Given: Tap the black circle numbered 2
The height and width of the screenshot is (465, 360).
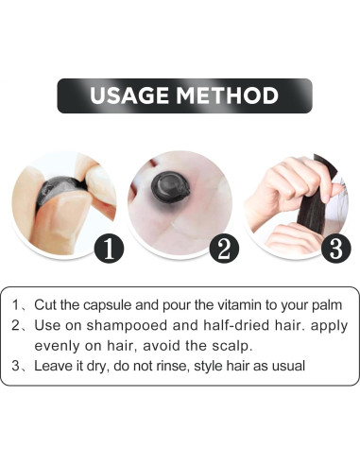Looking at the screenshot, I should click(225, 249).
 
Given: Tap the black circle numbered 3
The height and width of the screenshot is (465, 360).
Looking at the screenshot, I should click(335, 249).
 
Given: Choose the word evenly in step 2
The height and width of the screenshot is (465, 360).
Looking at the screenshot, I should click(59, 345).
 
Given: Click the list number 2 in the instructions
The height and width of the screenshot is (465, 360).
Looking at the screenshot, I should click(18, 326).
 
